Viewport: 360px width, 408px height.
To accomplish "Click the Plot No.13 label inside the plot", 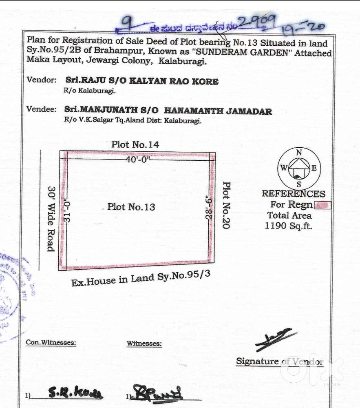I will [131, 207].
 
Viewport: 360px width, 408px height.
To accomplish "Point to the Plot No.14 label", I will [135, 144].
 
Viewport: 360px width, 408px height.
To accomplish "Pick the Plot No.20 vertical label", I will [226, 205].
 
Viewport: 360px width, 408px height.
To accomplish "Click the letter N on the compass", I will [299, 153].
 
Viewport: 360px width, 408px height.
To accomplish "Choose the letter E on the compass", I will [314, 168].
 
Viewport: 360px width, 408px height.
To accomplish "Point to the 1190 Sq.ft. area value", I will [288, 226].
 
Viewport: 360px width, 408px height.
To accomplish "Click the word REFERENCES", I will [294, 194].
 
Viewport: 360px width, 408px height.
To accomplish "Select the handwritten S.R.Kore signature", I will [75, 393].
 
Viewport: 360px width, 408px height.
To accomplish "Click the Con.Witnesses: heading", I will [51, 343].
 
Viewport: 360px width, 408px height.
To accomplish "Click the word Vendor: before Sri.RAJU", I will [42, 80].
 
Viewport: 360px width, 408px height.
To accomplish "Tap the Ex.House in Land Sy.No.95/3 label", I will [141, 278].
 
